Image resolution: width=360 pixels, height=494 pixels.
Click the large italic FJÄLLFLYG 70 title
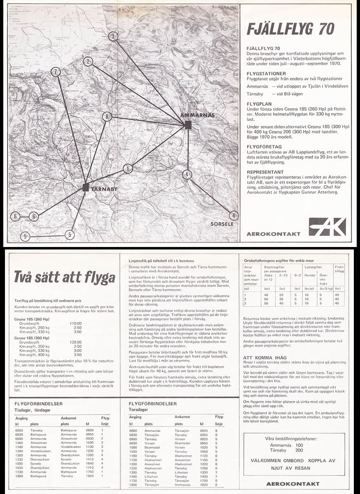click(290, 29)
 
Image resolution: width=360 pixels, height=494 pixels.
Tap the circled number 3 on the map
click(113, 36)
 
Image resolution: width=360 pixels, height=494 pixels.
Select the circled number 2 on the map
click(87, 61)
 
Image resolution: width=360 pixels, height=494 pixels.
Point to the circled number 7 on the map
click(56, 72)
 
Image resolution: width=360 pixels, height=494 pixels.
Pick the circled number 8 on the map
click(107, 117)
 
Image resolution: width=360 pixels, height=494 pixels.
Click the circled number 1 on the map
click(128, 168)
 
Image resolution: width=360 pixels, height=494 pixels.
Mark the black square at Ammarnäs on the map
click(188, 125)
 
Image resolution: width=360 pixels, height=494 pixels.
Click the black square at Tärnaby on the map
click(85, 188)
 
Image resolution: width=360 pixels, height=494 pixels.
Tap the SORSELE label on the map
click(222, 224)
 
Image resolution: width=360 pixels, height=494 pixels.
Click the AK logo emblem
click(327, 227)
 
